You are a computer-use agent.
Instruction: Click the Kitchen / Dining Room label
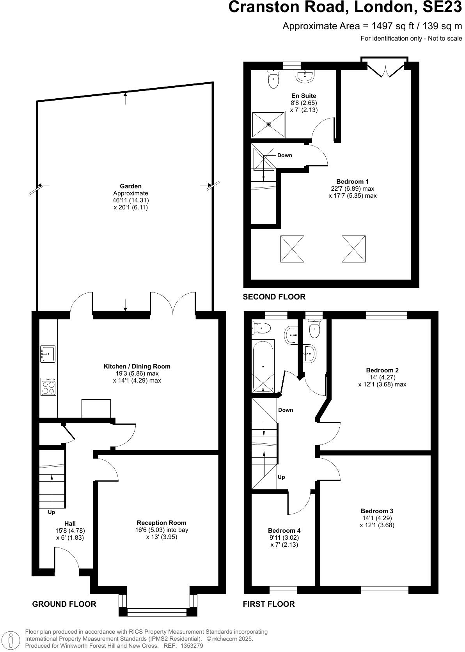[137, 366]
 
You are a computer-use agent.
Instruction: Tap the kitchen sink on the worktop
[48, 354]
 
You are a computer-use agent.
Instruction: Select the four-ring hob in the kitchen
[48, 387]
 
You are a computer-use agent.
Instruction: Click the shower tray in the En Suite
[268, 124]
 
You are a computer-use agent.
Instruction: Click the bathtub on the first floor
[263, 366]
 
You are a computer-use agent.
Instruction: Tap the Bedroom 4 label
[284, 530]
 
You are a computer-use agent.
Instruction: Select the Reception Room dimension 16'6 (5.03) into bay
[162, 530]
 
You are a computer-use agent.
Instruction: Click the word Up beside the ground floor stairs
[51, 512]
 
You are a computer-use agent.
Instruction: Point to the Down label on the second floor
[284, 155]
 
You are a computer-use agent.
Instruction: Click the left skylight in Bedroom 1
[292, 249]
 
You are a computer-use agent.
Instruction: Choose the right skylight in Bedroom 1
[353, 249]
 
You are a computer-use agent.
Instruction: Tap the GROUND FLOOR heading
[64, 604]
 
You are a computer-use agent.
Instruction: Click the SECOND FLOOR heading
[274, 297]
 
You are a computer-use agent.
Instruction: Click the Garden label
[131, 186]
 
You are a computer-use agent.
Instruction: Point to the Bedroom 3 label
[377, 511]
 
